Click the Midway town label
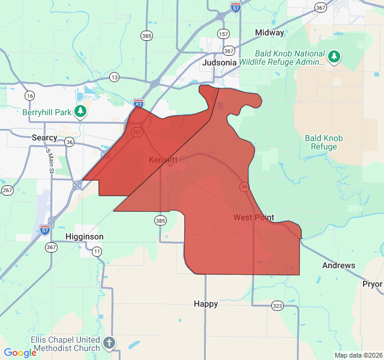[x=269, y=32]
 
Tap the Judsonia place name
[x=219, y=62]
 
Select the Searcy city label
[x=44, y=137]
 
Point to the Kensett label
[x=163, y=160]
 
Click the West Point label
[x=254, y=217]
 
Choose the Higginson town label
[x=85, y=236]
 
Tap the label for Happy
[x=206, y=304]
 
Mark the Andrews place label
[x=338, y=265]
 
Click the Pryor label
[x=372, y=283]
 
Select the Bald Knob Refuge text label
[x=324, y=142]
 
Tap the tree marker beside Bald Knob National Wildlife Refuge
[x=334, y=57]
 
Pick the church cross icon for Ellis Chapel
[x=109, y=343]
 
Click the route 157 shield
[x=224, y=34]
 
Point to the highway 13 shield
[x=114, y=77]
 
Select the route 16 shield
[x=29, y=95]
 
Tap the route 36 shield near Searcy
[x=70, y=142]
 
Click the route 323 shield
[x=277, y=305]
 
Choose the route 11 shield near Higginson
[x=97, y=251]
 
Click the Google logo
[x=20, y=352]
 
